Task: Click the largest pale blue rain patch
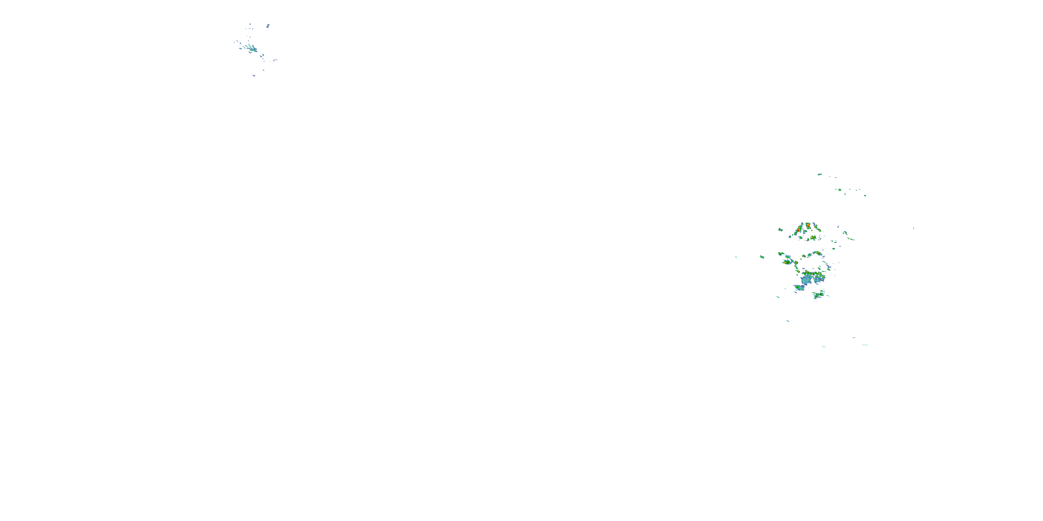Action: click(806, 280)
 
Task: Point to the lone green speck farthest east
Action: click(914, 228)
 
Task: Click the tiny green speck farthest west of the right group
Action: click(736, 257)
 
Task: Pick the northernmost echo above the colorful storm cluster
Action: click(819, 174)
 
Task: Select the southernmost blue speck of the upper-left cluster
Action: click(254, 75)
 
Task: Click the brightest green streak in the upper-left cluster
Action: click(253, 50)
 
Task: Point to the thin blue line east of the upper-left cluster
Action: click(275, 60)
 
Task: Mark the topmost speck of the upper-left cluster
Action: click(250, 24)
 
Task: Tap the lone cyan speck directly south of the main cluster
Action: click(787, 321)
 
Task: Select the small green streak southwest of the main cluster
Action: click(778, 297)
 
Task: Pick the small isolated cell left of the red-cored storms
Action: click(780, 230)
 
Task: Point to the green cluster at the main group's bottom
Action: click(819, 295)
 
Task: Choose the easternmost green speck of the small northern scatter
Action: click(865, 196)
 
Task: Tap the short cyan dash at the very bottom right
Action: click(824, 347)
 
